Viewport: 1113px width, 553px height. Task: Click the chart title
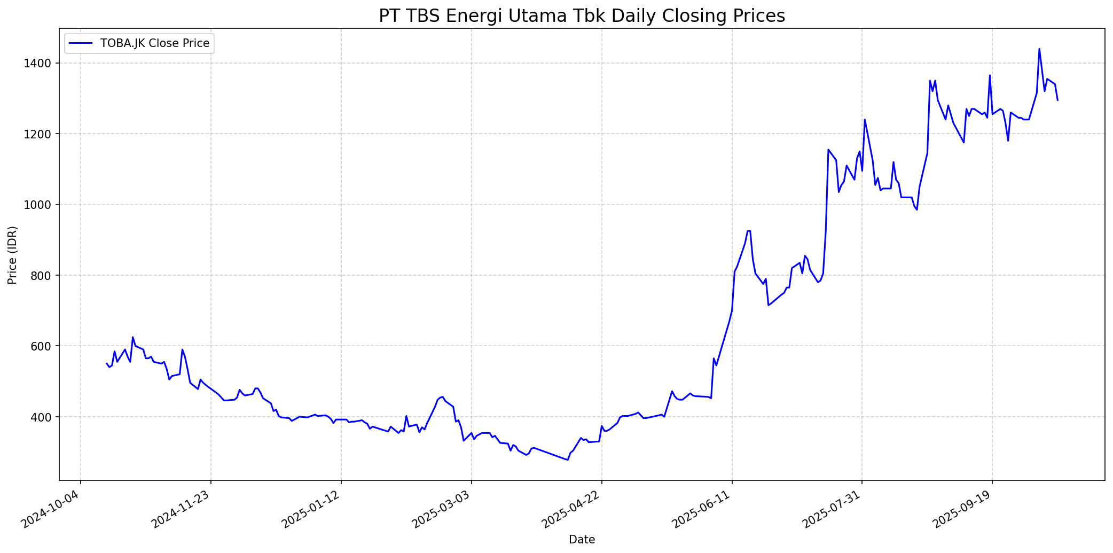click(582, 16)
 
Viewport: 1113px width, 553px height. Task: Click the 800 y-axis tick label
click(43, 276)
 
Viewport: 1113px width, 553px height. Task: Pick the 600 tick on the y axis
click(43, 346)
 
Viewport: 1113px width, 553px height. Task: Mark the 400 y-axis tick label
click(43, 417)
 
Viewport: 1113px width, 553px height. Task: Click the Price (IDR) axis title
click(12, 255)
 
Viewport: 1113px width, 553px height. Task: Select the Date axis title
click(582, 540)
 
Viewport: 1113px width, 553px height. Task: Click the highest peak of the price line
click(1039, 49)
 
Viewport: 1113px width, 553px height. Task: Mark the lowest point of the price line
click(567, 459)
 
